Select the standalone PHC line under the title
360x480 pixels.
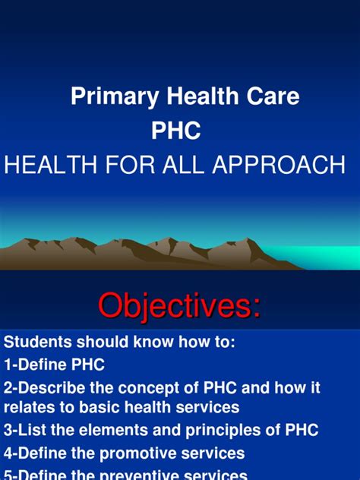[x=177, y=131]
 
